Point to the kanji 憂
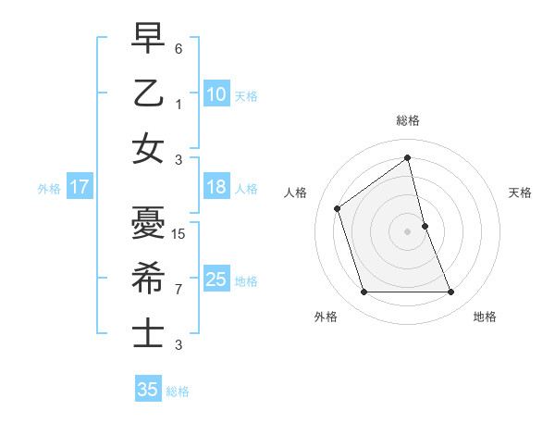147,222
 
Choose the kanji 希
147,278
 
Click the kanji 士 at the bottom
147,333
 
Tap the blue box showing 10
216,93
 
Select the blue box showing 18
216,187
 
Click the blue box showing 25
216,280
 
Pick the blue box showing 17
80,187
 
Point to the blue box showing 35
148,390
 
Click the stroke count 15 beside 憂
179,233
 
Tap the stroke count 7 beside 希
179,289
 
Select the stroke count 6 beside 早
179,48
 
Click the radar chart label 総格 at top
408,120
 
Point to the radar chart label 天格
521,193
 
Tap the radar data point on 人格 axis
338,208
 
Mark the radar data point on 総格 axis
408,158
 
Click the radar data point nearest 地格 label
451,292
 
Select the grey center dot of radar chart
408,230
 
